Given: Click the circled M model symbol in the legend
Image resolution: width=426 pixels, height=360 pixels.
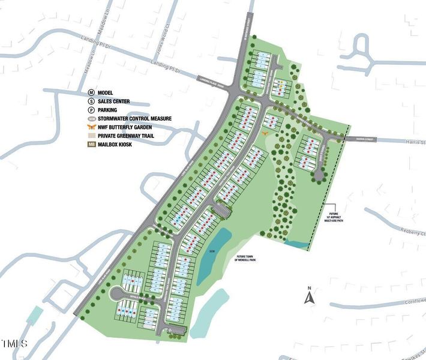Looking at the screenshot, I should click(x=92, y=92).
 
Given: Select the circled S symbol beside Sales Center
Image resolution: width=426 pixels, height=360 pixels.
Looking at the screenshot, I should click(x=92, y=101).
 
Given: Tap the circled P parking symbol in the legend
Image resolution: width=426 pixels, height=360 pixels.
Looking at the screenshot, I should click(x=92, y=110).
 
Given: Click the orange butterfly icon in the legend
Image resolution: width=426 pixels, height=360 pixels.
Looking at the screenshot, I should click(x=92, y=127).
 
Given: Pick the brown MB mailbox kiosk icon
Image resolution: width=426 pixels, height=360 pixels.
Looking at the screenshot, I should click(x=92, y=145).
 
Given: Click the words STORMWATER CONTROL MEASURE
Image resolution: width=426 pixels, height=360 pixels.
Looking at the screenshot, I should click(x=134, y=119).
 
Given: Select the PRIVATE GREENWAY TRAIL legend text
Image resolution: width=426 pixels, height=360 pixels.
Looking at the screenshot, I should click(x=130, y=136).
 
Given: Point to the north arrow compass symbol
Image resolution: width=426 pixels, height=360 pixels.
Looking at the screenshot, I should click(x=309, y=296).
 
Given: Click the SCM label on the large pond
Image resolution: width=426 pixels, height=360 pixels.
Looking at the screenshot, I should click(x=211, y=250).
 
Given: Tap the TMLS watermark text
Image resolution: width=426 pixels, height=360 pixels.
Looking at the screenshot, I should click(x=14, y=344).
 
